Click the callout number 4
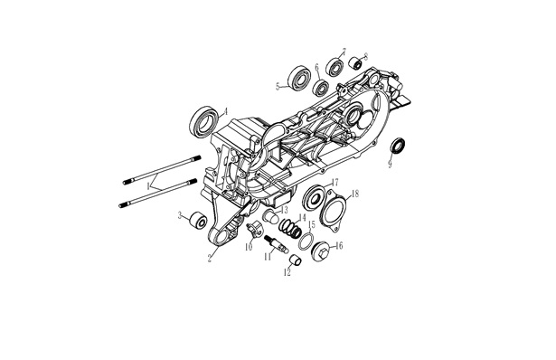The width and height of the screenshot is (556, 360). point(225,112)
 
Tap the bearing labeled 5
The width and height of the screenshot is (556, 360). point(299,81)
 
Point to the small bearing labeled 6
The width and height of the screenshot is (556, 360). point(322,88)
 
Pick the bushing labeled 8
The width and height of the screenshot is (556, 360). point(355,63)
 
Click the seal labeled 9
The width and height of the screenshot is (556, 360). point(398,147)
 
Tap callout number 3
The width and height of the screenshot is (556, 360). point(180,215)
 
